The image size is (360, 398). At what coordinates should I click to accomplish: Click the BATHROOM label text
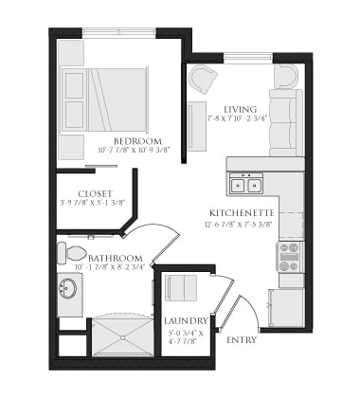point(117,259)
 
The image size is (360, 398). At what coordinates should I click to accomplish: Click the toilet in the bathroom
point(72,253)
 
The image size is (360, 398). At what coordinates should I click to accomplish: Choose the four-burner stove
point(289,253)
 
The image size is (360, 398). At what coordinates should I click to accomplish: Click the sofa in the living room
point(285,121)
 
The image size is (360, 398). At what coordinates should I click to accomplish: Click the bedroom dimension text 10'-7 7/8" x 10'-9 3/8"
point(132,150)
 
